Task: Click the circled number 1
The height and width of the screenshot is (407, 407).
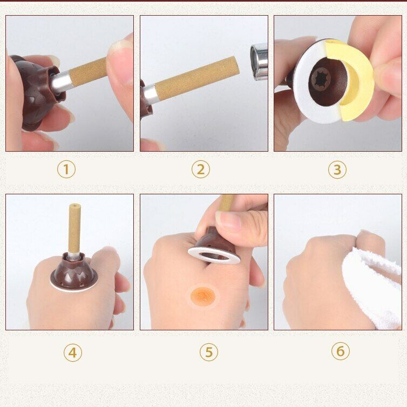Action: [66, 169]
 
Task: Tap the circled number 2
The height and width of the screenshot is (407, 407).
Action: [201, 169]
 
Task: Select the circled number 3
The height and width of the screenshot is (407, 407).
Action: [337, 169]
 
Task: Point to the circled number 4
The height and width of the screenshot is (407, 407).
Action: [73, 352]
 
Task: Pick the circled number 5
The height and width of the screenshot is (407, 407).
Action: [209, 352]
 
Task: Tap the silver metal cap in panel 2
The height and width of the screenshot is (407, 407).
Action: [259, 61]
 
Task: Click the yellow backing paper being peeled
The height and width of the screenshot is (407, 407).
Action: [358, 81]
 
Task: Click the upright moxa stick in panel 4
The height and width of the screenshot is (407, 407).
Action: [74, 228]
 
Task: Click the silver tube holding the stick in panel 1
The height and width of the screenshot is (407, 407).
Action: [60, 82]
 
